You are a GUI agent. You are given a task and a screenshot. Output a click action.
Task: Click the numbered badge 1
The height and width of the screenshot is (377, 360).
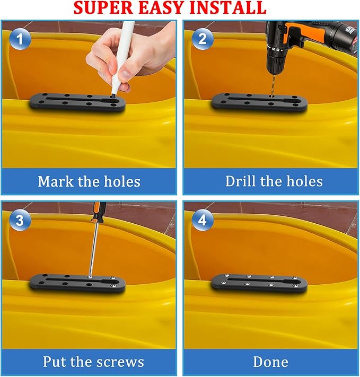point(20,39)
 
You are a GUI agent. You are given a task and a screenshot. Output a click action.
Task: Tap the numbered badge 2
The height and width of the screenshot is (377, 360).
point(203,39)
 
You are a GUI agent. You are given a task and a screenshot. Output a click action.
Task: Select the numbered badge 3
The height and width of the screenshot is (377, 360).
point(20,220)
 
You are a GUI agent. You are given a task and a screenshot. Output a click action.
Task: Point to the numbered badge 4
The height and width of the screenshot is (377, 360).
point(203,220)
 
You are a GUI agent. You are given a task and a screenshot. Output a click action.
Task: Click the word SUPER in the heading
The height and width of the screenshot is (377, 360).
point(103,8)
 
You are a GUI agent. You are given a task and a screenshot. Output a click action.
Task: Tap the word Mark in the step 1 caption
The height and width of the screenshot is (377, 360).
point(56,181)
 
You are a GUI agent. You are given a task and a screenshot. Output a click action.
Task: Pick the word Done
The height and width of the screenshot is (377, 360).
point(270,362)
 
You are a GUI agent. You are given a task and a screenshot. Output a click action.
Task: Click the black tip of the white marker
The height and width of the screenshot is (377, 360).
point(112,95)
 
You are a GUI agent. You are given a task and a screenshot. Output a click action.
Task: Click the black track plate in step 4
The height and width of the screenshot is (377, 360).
point(259,283)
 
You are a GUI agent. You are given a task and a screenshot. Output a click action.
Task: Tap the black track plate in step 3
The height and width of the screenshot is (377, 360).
point(77,283)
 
